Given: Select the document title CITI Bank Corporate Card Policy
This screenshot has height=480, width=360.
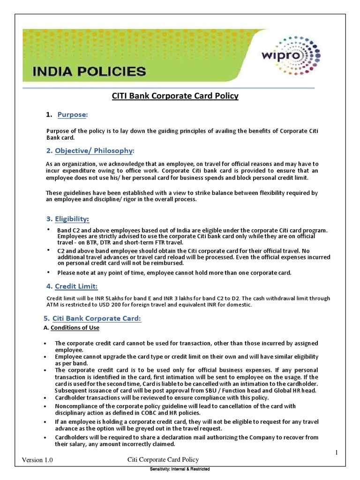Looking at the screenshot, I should pyautogui.click(x=175, y=96).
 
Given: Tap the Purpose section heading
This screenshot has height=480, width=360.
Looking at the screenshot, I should pyautogui.click(x=73, y=115).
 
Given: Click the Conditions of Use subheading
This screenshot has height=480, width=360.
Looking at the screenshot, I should pyautogui.click(x=75, y=328).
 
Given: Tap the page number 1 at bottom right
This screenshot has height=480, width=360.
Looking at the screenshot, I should pyautogui.click(x=336, y=452).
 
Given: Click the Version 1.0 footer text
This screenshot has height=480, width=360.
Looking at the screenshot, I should pyautogui.click(x=37, y=461).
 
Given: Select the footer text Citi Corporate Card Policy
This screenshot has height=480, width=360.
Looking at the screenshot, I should pyautogui.click(x=164, y=460).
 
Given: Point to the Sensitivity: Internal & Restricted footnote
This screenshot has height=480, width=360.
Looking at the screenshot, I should pyautogui.click(x=180, y=469).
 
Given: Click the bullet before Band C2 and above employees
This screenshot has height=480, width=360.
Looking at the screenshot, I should pyautogui.click(x=48, y=229).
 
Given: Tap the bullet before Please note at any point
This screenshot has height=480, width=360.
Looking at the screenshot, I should pyautogui.click(x=48, y=272).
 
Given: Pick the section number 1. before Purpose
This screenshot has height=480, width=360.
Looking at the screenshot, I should pyautogui.click(x=48, y=115).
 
